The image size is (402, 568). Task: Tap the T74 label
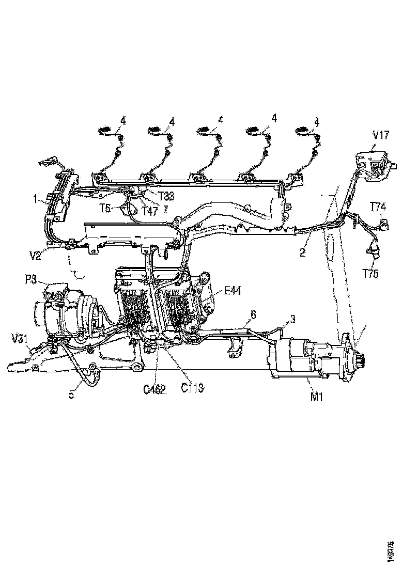tap(378, 207)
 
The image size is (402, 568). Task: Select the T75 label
tap(370, 275)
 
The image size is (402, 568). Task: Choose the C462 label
tap(154, 389)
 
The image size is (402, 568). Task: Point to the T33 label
tap(166, 196)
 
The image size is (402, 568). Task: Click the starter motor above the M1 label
tap(305, 356)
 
